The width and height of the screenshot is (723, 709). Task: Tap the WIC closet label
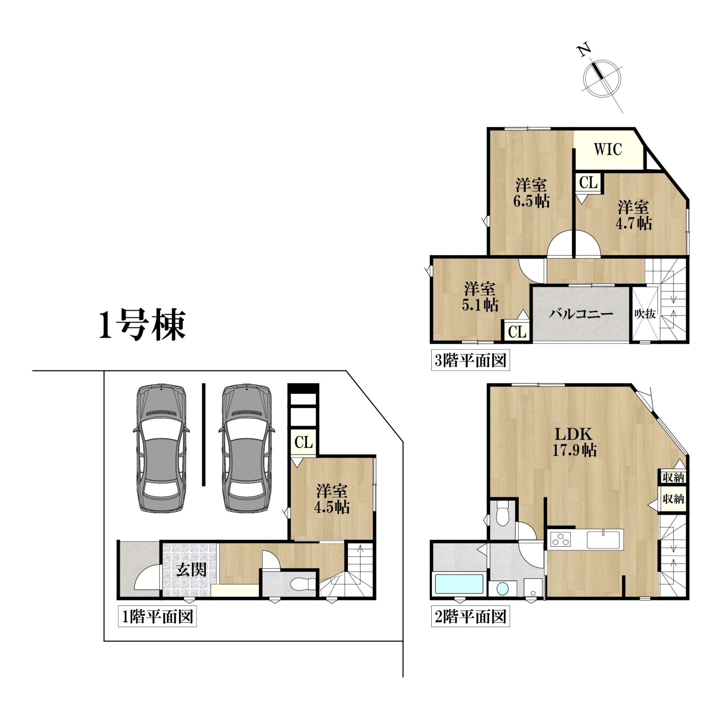click(608, 149)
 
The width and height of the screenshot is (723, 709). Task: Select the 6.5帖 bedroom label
click(531, 193)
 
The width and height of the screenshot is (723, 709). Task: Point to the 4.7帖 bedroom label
click(634, 215)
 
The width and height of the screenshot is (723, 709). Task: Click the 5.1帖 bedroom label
click(480, 297)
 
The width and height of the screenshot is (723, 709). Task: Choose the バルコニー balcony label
click(581, 314)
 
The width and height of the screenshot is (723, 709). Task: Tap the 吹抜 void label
click(645, 314)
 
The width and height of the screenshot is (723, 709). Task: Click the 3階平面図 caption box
click(470, 360)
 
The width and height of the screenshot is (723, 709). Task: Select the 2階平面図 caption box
click(470, 617)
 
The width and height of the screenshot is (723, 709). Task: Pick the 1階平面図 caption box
click(157, 617)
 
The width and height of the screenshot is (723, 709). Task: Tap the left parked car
click(161, 448)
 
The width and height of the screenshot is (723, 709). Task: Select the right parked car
click(246, 448)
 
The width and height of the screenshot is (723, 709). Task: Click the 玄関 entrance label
click(191, 570)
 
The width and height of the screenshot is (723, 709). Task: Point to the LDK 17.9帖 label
click(574, 442)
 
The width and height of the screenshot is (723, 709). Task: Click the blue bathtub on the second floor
click(459, 584)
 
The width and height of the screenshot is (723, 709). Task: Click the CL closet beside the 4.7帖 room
click(588, 182)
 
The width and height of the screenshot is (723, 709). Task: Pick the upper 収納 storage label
click(673, 477)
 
